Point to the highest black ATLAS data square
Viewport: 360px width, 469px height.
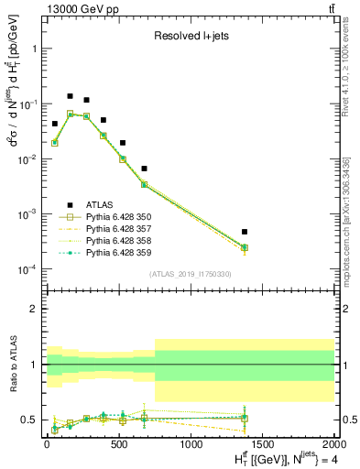pyautogui.click(x=70, y=96)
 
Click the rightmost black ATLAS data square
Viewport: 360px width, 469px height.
pyautogui.click(x=245, y=232)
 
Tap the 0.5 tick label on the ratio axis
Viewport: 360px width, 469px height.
pyautogui.click(x=31, y=420)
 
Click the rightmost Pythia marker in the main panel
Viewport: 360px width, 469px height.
pyautogui.click(x=245, y=247)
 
